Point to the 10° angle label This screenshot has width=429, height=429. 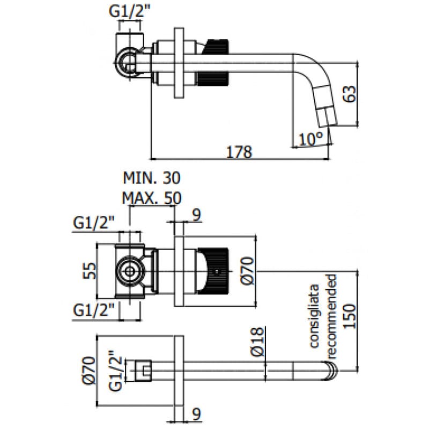click(311, 139)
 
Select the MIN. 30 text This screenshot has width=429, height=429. click(152, 178)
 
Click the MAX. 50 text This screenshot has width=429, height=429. click(152, 197)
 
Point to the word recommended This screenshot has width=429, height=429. click(331, 316)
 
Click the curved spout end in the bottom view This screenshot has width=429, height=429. click(332, 370)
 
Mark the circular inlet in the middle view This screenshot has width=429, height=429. click(129, 271)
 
